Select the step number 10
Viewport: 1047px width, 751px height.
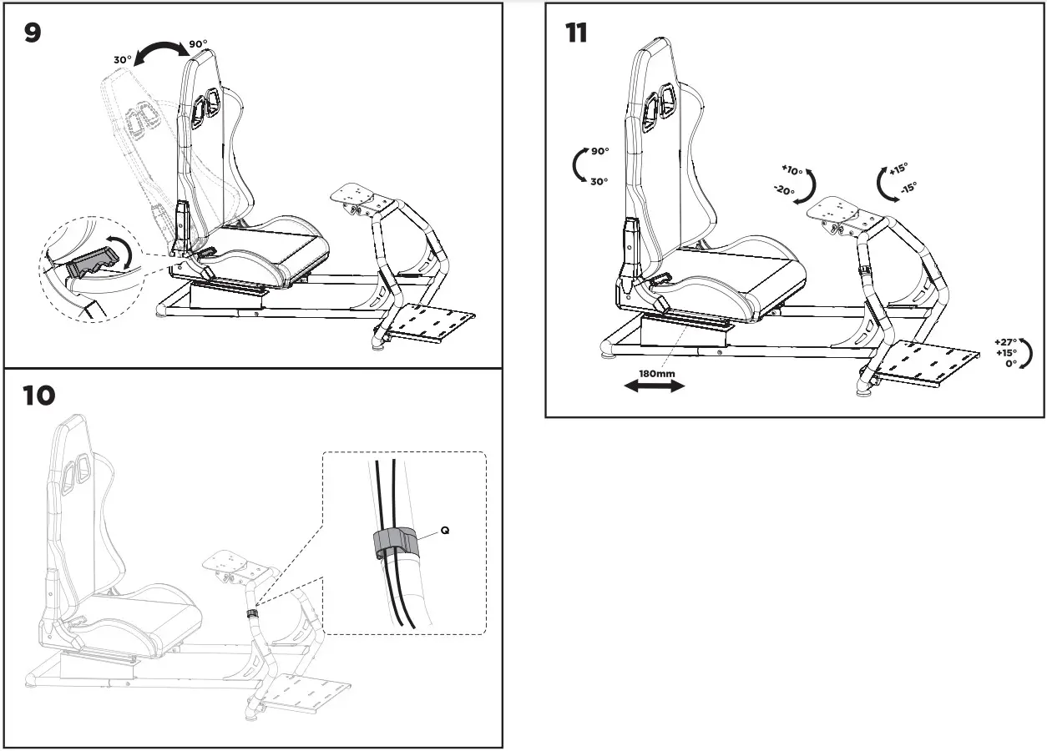(39, 395)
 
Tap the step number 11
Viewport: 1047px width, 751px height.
(575, 33)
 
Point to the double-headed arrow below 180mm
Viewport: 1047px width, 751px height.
(655, 386)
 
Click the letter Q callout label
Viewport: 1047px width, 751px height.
(444, 531)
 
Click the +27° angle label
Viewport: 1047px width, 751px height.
(1005, 342)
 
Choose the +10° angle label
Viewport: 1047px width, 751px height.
(792, 170)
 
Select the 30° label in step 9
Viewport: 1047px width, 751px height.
(123, 60)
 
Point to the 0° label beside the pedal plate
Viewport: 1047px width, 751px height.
(1009, 365)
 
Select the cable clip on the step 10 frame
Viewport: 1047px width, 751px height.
(251, 613)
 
